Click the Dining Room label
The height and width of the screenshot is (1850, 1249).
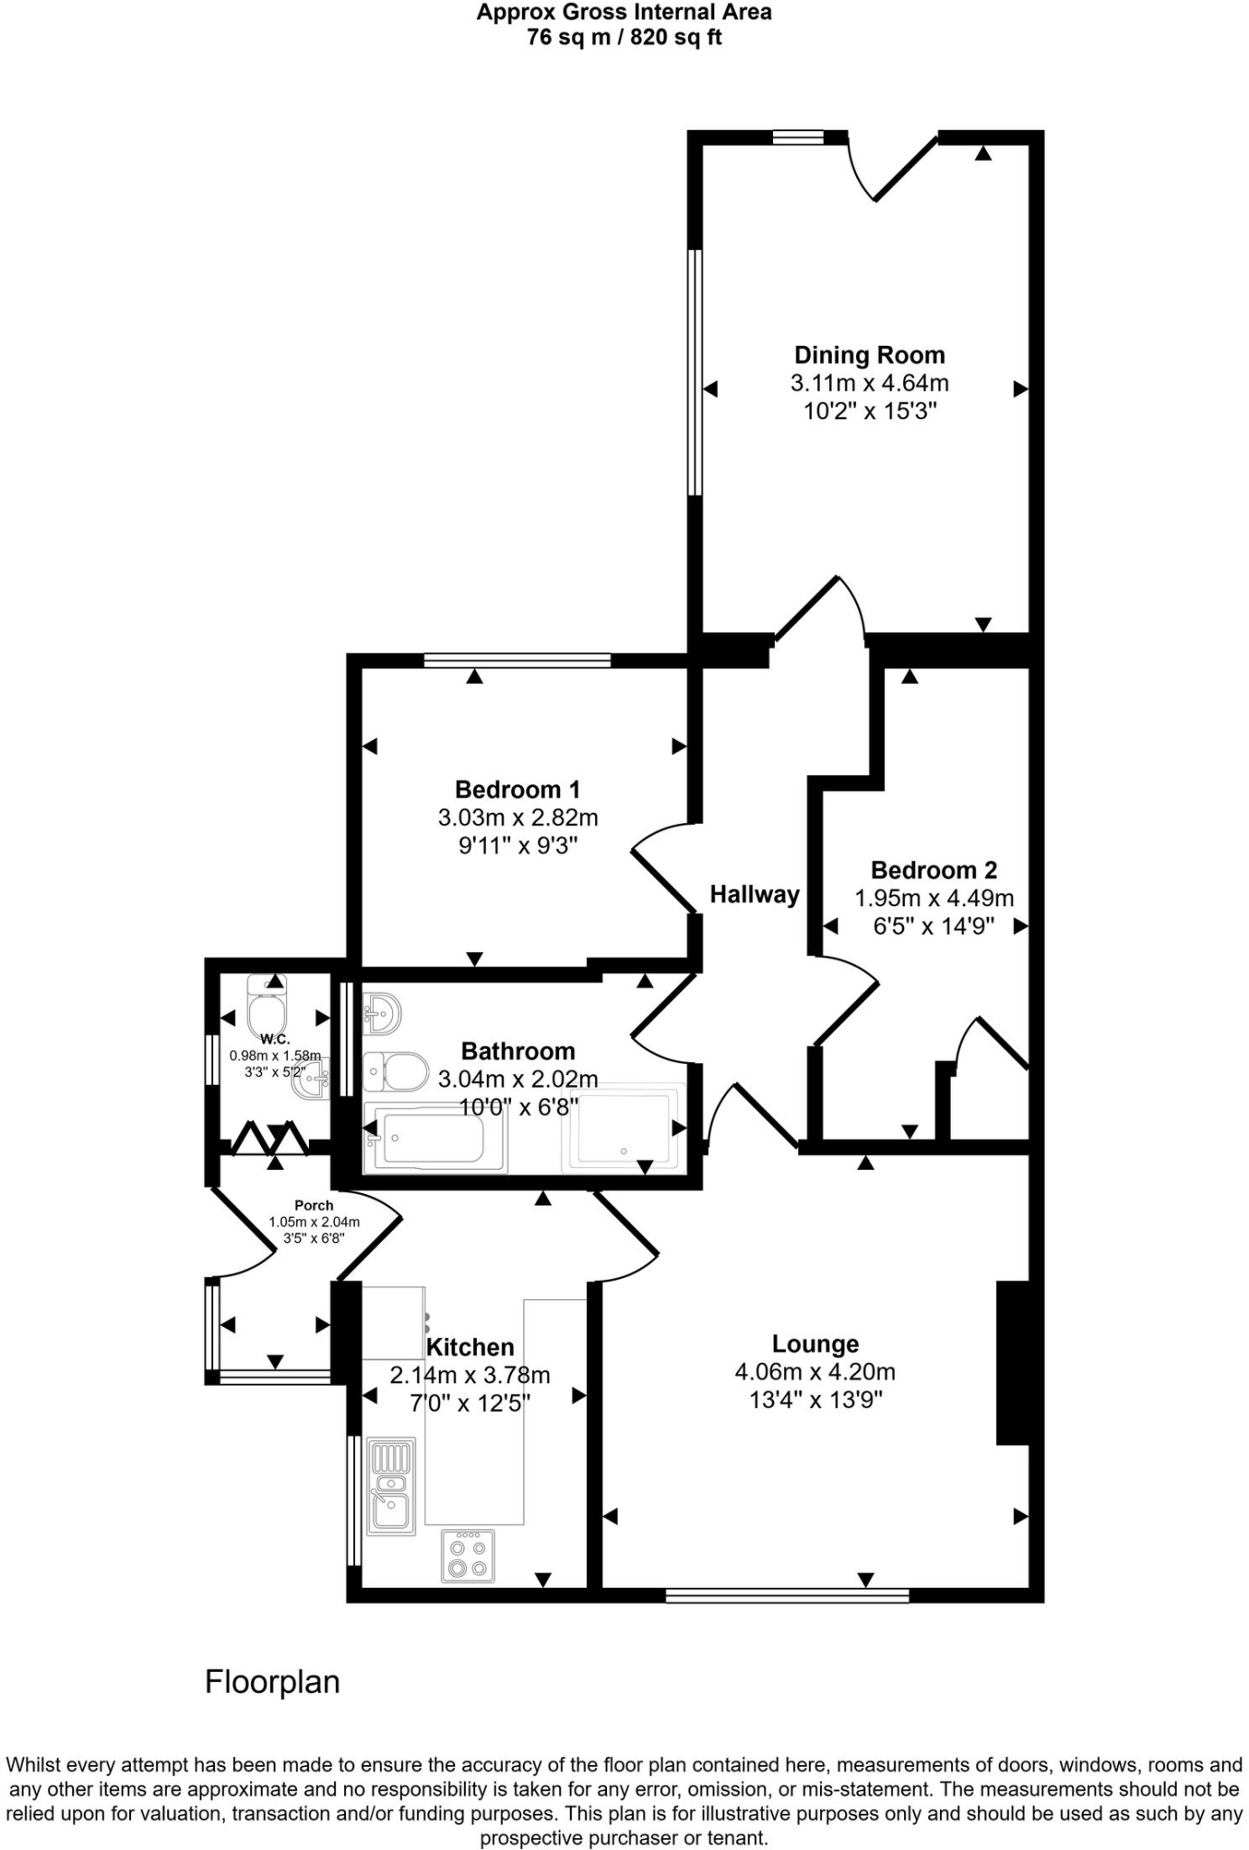[x=869, y=355]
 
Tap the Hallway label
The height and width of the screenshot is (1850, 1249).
[x=754, y=894]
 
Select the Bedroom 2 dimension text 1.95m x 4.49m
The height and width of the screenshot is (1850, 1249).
[x=934, y=899]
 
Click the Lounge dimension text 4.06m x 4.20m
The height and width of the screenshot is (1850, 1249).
[x=815, y=1372]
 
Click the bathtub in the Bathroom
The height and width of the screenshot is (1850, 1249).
[x=435, y=1137]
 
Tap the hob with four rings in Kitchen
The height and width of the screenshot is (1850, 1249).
[x=468, y=1556]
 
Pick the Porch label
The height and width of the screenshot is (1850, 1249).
[x=313, y=1205]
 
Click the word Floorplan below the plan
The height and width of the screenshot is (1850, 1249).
[x=272, y=1681]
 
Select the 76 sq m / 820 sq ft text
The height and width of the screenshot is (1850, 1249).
[x=624, y=38]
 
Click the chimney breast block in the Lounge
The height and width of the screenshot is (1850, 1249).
[x=1011, y=1363]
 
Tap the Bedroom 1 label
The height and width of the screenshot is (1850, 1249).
[x=517, y=790]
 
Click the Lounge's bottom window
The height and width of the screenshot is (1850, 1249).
[x=787, y=1596]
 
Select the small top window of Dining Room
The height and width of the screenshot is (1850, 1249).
[x=798, y=137]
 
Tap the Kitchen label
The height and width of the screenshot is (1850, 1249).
[x=470, y=1347]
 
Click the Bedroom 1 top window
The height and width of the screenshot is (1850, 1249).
[x=517, y=660]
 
